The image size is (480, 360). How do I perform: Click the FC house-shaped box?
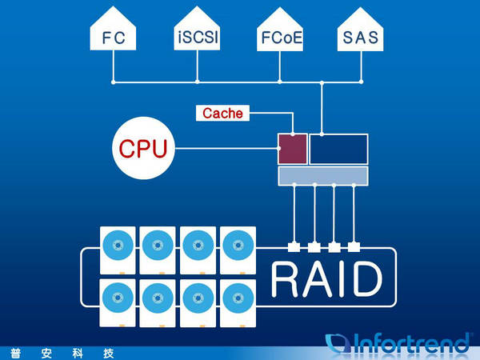tap(113, 30)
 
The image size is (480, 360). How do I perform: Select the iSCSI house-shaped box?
tap(197, 30)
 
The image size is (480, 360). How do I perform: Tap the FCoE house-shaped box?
tap(280, 31)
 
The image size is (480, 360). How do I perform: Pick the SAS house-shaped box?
tap(360, 31)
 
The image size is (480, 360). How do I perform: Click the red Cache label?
tap(222, 113)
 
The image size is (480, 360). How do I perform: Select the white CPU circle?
tap(143, 148)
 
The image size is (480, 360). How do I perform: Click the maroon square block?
tap(293, 149)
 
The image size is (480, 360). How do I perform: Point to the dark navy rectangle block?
tap(338, 149)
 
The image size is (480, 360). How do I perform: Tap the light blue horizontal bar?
tap(323, 176)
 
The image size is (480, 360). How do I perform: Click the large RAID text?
tap(327, 279)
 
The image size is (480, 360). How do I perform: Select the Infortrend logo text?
tap(398, 343)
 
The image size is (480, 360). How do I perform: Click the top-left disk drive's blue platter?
tap(118, 246)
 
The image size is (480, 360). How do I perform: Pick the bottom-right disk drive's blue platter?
tap(238, 298)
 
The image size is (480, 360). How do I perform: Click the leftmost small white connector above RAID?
tap(294, 246)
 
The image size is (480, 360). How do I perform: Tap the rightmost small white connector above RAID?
tap(354, 246)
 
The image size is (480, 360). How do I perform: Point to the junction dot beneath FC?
tap(114, 82)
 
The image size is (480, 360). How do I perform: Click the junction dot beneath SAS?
tap(362, 82)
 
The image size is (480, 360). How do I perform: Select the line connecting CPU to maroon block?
tap(227, 149)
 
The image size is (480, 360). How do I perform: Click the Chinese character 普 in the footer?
tap(15, 354)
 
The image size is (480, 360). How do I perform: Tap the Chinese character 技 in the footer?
tap(108, 354)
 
